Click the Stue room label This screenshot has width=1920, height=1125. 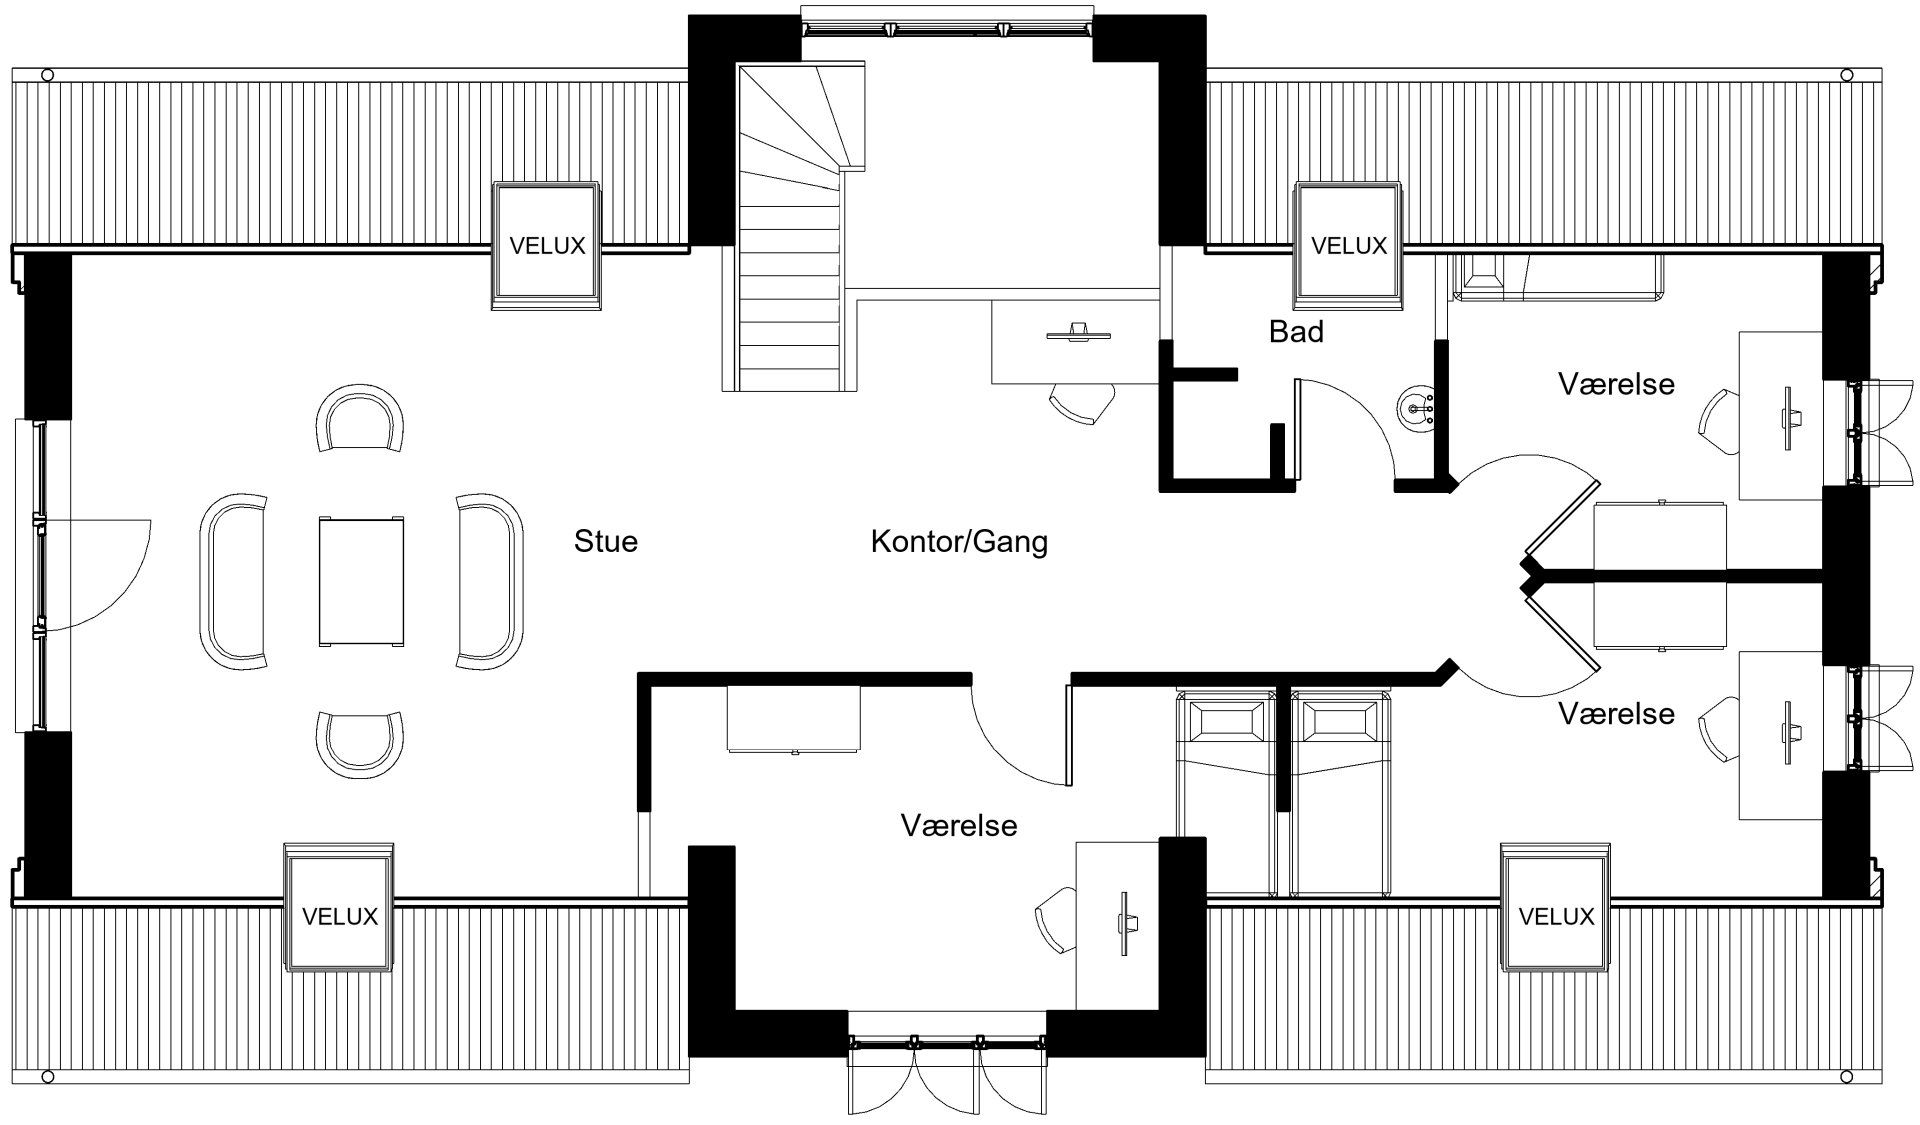click(x=606, y=541)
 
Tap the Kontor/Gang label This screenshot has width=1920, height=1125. click(x=959, y=541)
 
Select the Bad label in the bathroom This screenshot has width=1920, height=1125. click(x=1296, y=331)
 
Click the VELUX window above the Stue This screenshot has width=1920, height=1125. click(x=547, y=245)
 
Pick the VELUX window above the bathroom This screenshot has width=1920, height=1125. click(x=1349, y=245)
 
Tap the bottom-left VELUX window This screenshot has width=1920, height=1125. click(x=339, y=908)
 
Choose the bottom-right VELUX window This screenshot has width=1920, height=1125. click(x=1556, y=908)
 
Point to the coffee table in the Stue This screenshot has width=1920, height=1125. click(x=361, y=580)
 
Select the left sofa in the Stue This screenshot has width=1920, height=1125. click(x=234, y=580)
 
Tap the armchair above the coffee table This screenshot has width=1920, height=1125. click(x=360, y=418)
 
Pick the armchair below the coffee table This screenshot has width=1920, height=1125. click(x=360, y=744)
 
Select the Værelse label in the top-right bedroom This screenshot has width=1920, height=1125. click(x=1616, y=384)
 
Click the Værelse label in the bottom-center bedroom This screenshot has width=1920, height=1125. click(x=959, y=826)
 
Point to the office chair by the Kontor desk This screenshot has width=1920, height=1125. click(x=1082, y=402)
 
